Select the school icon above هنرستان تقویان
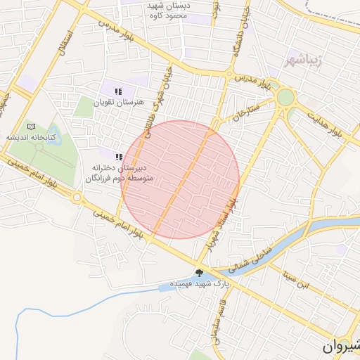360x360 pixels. coord(118,91)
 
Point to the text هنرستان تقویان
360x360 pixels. coord(122,102)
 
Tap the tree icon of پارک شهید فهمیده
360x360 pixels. coord(199,273)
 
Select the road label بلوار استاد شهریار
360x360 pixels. coord(226,224)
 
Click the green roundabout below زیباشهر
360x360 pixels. coord(285,97)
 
